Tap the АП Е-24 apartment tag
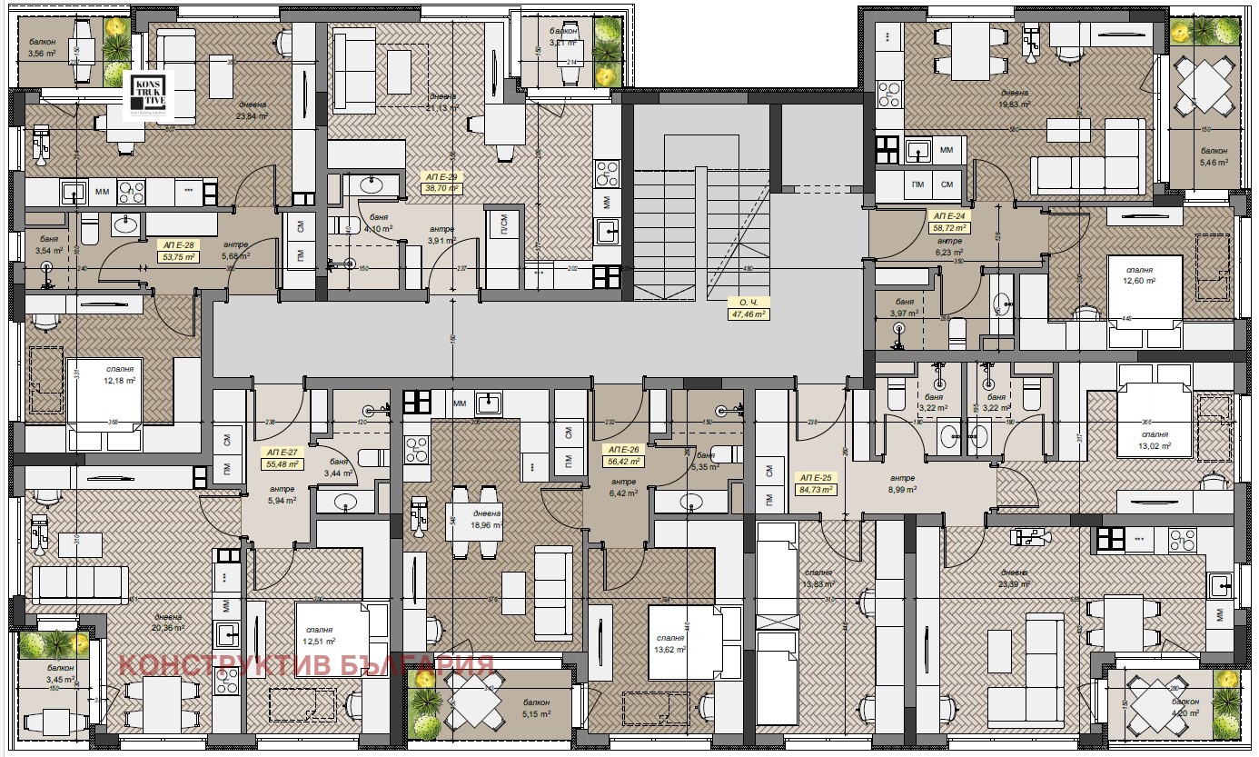[950, 223]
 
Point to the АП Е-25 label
[815, 483]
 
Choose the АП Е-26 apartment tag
[622, 455]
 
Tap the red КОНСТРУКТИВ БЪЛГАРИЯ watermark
[306, 665]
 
